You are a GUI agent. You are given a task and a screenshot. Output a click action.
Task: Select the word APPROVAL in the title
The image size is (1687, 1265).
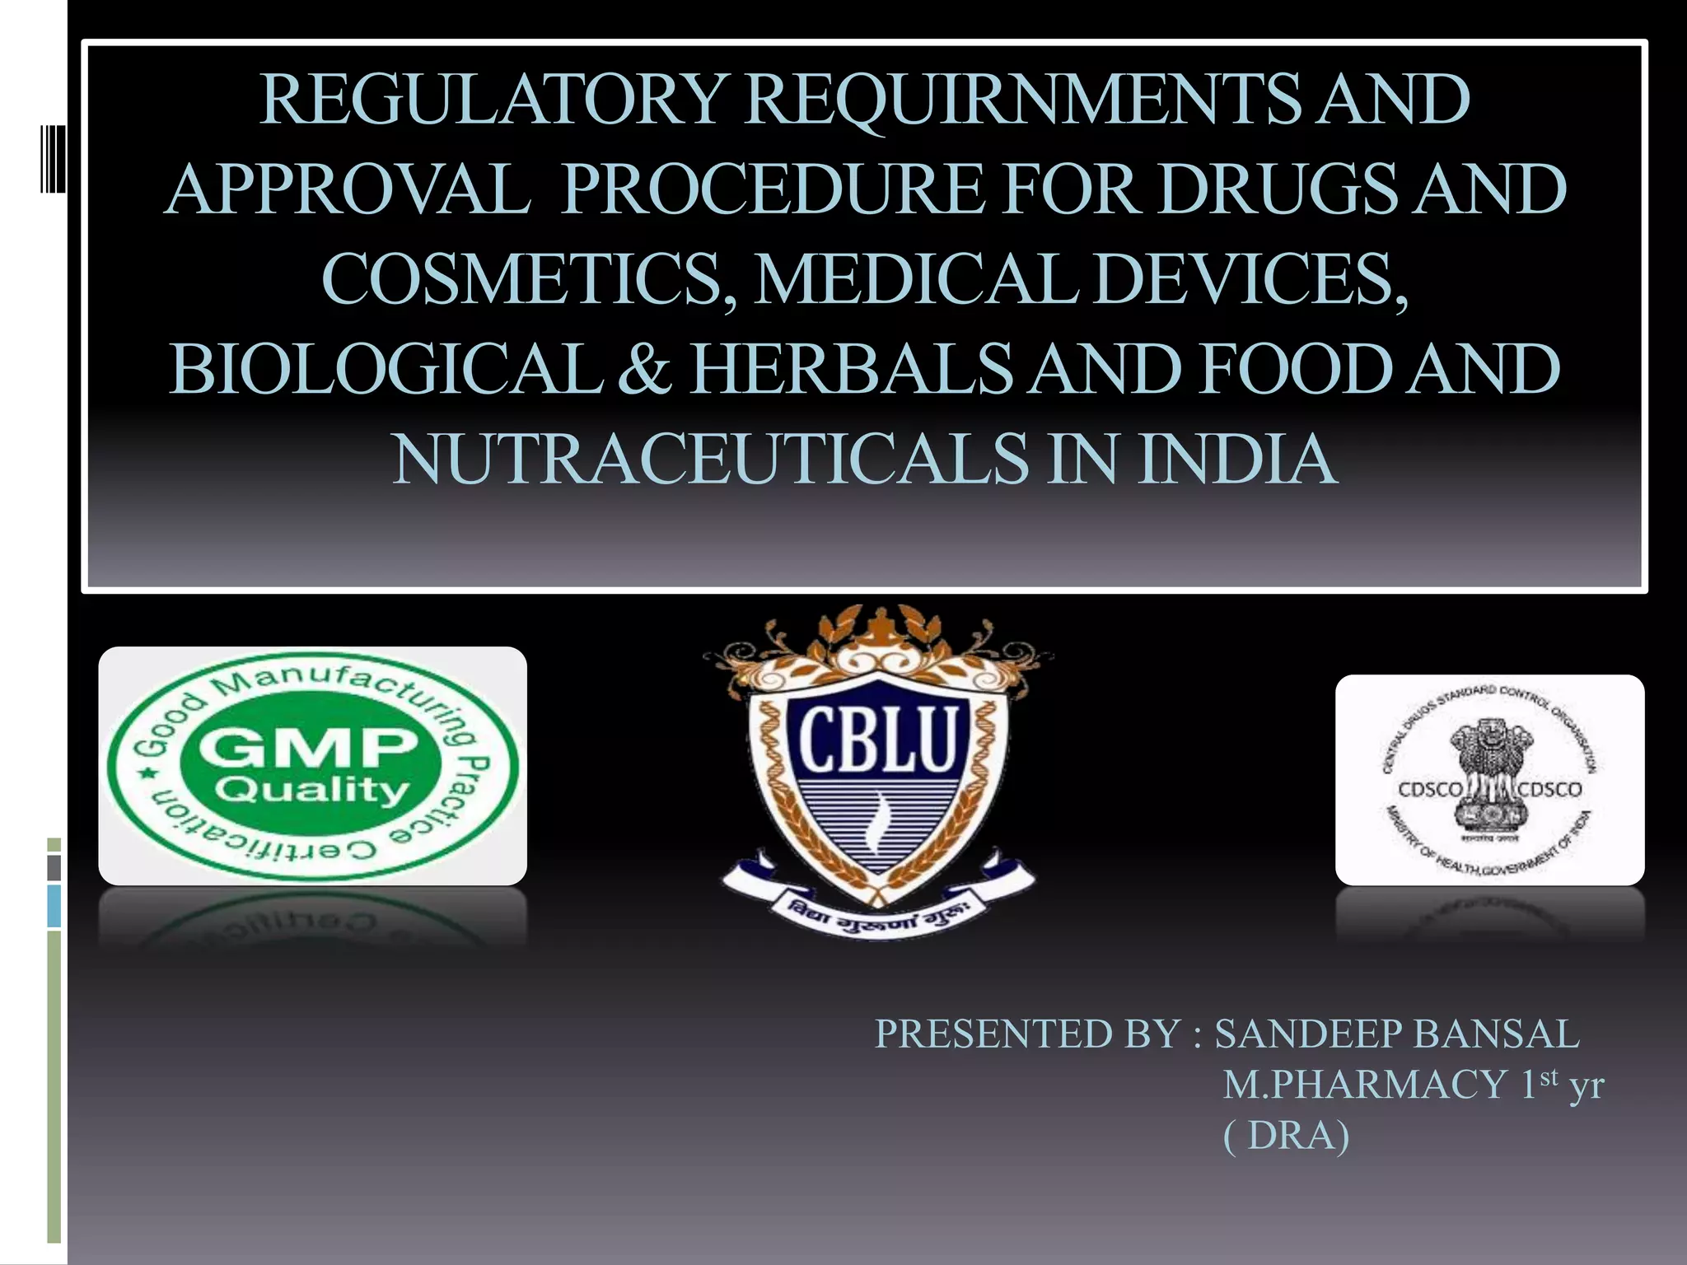tap(347, 189)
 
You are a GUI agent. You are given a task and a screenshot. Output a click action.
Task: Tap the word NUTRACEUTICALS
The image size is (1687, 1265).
tap(710, 459)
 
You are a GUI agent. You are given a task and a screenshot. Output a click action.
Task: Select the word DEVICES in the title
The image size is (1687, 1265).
tap(1248, 279)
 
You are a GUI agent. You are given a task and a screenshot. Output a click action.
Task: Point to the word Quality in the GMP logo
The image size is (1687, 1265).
tap(312, 791)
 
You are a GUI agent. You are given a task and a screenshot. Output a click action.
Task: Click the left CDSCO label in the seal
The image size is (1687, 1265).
tap(1431, 789)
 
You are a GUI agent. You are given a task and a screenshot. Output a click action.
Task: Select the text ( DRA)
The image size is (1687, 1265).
tap(1286, 1137)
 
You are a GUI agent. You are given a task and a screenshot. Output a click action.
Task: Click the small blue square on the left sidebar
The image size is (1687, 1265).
tap(54, 906)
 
